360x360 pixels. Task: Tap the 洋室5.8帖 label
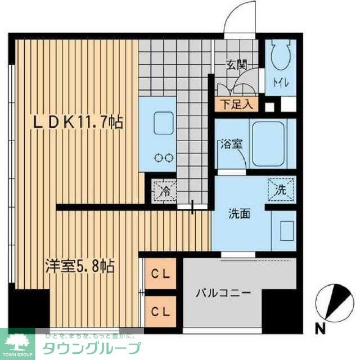pos(80,265)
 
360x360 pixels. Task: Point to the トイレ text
pos(281,84)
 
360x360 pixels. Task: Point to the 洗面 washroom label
pos(239,214)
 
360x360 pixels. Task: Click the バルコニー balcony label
pos(223,293)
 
